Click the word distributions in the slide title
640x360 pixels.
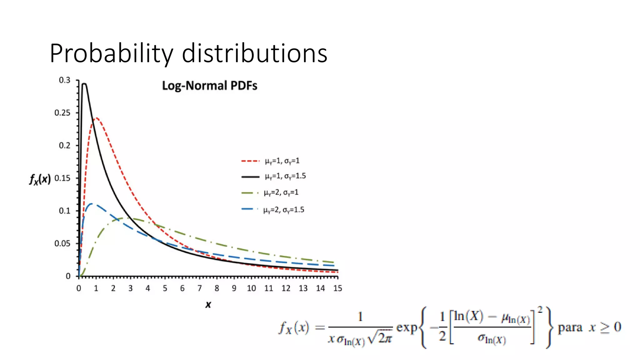[254, 53]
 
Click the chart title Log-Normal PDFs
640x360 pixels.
[209, 86]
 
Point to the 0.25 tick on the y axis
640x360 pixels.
[62, 113]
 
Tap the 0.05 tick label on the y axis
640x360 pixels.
[62, 243]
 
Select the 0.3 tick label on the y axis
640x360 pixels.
[65, 80]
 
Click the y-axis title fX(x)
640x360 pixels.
[40, 179]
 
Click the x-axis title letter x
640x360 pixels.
[208, 304]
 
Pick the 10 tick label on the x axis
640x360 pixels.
[251, 288]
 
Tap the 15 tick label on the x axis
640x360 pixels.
[337, 288]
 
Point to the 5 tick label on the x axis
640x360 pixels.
[165, 288]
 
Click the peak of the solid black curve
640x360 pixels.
[84, 84]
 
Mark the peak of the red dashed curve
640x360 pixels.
[97, 118]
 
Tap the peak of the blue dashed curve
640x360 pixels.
[92, 204]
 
